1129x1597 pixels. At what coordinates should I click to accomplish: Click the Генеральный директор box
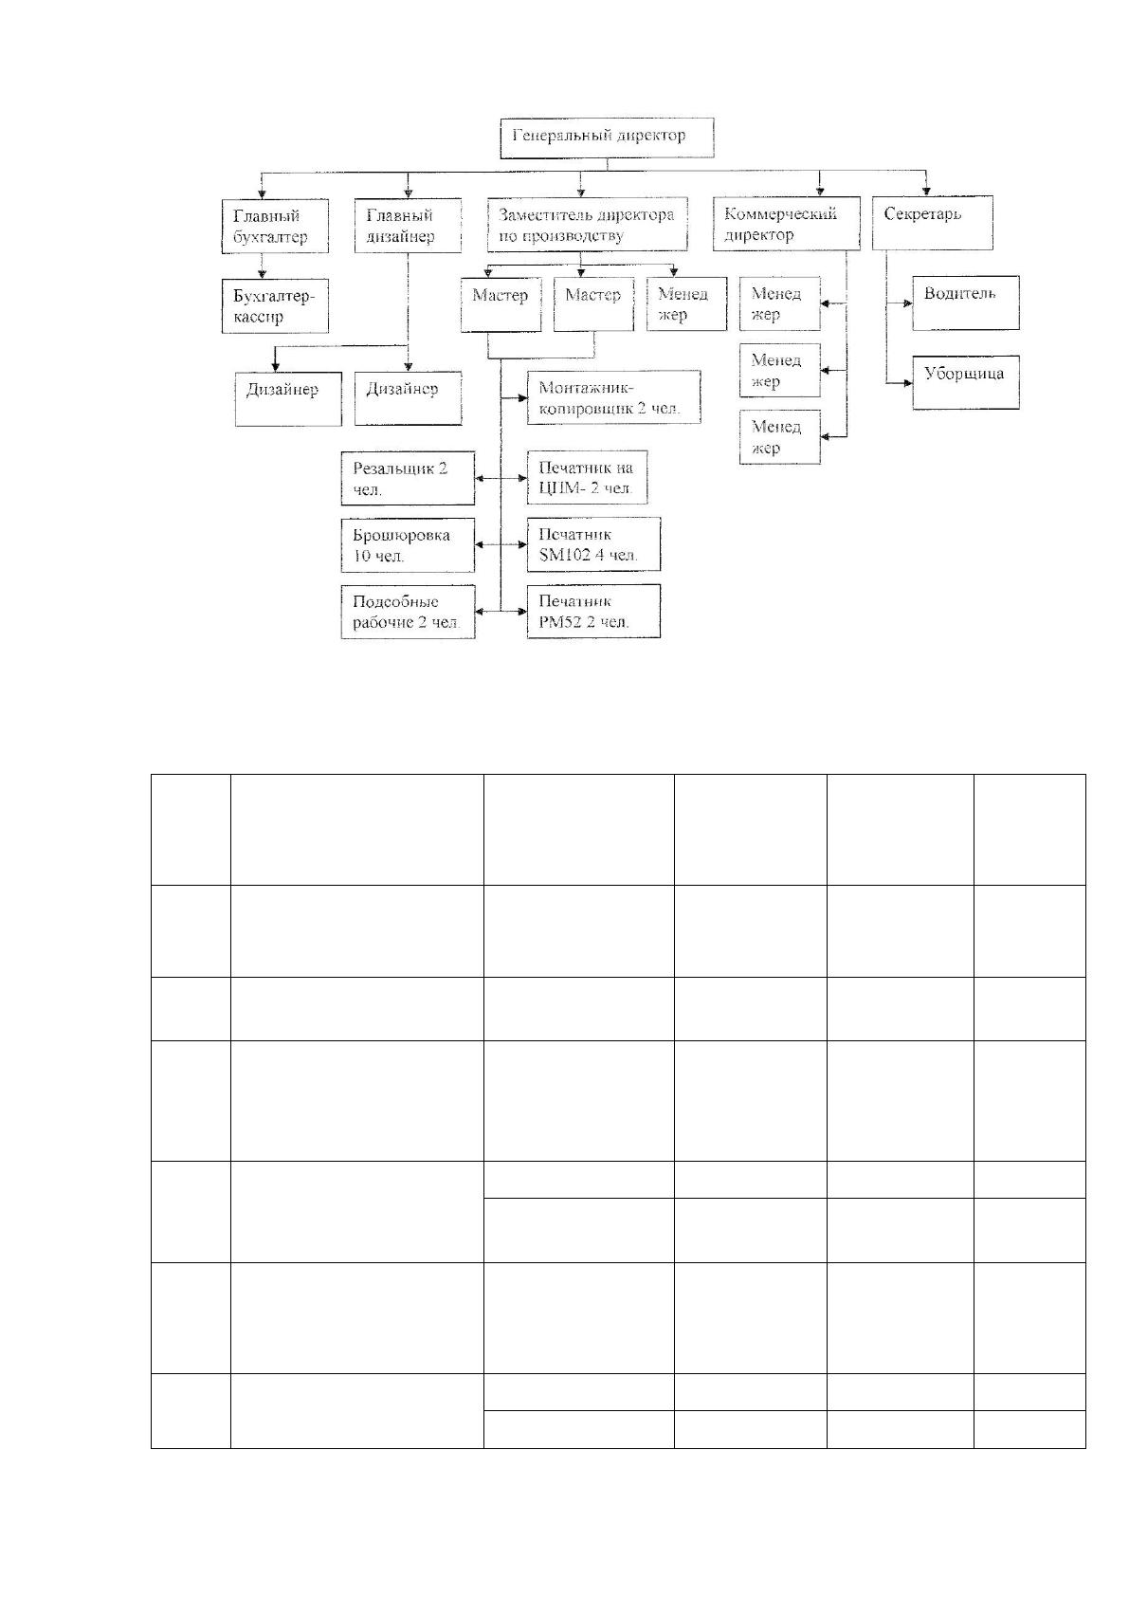(x=607, y=138)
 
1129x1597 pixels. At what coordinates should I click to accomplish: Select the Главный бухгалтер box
(x=275, y=226)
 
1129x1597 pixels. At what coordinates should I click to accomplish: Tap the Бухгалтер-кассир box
(x=275, y=306)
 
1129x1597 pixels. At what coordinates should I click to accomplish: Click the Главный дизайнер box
(x=408, y=226)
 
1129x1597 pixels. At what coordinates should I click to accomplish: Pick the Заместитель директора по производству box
(x=588, y=225)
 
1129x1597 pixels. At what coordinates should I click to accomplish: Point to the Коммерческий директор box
(x=786, y=224)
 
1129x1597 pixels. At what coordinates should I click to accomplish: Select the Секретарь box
(x=932, y=223)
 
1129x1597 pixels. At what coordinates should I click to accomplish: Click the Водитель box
(x=966, y=303)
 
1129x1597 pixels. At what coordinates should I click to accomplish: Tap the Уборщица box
(x=966, y=382)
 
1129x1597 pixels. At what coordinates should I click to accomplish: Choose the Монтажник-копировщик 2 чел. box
(x=613, y=397)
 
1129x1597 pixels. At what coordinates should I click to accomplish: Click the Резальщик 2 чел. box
(x=408, y=478)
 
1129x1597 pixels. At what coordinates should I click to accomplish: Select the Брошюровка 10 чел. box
(x=408, y=545)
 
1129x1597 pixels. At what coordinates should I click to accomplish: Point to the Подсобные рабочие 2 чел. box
(x=408, y=612)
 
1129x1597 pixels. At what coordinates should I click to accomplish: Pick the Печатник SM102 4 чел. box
(x=593, y=544)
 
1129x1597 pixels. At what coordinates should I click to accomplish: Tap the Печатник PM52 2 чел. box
(x=593, y=611)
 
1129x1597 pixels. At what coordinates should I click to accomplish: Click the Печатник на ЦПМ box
(x=588, y=478)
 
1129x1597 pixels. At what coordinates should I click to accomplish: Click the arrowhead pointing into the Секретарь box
(x=926, y=191)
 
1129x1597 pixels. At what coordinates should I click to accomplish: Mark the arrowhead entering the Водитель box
(x=907, y=303)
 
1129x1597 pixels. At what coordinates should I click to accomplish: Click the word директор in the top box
(x=651, y=136)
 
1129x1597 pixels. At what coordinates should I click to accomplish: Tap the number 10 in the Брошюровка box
(x=361, y=556)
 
